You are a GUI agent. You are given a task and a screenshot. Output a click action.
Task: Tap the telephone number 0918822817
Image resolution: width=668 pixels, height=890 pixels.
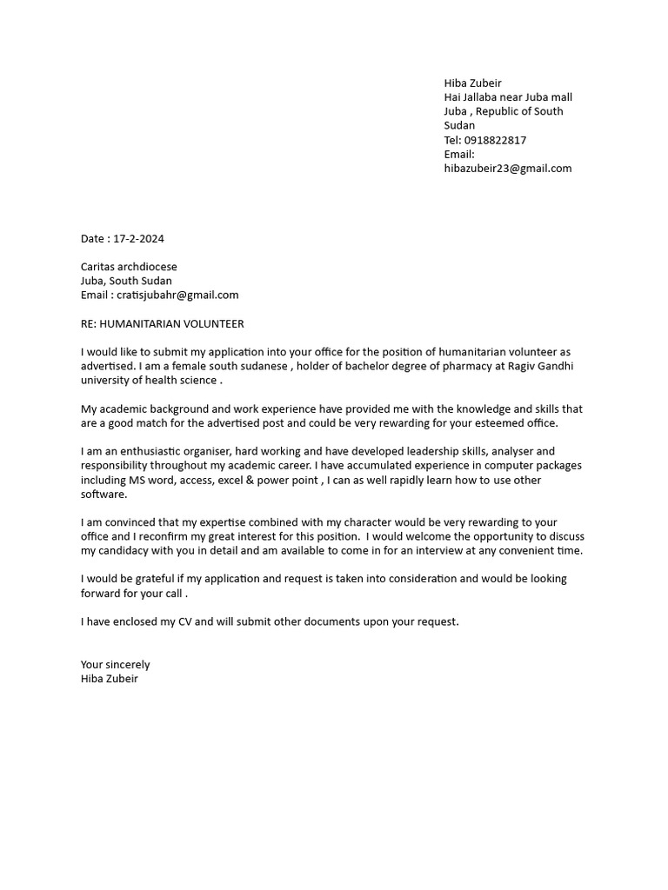tap(498, 140)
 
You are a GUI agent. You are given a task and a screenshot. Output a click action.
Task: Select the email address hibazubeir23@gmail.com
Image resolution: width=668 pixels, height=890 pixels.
tap(508, 169)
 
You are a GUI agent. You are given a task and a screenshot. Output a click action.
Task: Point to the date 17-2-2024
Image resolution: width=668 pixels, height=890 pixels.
tap(139, 238)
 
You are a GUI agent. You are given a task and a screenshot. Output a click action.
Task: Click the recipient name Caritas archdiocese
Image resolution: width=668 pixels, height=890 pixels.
tap(129, 267)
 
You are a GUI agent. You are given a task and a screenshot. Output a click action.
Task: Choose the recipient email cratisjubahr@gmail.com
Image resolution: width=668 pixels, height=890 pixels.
tap(177, 295)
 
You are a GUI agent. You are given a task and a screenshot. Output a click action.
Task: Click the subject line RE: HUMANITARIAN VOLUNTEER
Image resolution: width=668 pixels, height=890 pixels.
tap(163, 323)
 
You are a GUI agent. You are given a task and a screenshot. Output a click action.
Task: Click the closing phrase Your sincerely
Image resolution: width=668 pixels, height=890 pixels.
tap(115, 664)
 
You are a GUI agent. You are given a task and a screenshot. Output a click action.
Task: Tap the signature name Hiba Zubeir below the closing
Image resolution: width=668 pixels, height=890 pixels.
tap(110, 678)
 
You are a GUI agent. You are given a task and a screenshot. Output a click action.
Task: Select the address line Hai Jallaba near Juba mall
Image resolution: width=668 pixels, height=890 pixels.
tap(508, 97)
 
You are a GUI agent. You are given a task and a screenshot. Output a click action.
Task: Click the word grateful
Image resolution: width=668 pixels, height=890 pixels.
tap(154, 579)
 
